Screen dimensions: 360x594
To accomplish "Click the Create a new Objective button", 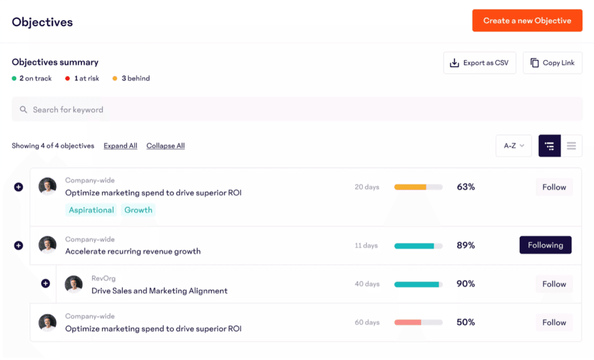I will click(527, 21).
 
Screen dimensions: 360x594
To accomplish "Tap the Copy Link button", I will click(553, 63).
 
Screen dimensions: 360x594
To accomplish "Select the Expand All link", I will click(121, 146).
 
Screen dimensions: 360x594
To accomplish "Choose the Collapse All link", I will click(165, 146).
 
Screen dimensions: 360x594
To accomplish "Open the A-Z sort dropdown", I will click(513, 146).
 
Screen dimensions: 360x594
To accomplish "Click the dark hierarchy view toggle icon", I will click(549, 146).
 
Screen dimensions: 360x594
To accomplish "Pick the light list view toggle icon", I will click(571, 146).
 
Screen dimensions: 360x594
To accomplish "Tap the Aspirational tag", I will click(91, 210).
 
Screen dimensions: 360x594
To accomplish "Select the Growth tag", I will click(138, 210).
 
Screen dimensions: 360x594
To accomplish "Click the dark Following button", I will click(545, 245).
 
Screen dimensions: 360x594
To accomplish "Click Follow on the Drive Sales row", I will click(554, 284).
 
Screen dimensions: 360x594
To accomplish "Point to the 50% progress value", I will click(466, 322).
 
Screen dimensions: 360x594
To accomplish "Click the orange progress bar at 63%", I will click(418, 187).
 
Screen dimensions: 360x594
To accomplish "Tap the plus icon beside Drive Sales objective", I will click(45, 283).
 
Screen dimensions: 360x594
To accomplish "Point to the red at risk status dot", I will click(67, 78).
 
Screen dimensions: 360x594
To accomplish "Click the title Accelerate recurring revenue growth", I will click(133, 252).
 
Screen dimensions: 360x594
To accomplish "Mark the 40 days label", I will click(367, 284).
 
